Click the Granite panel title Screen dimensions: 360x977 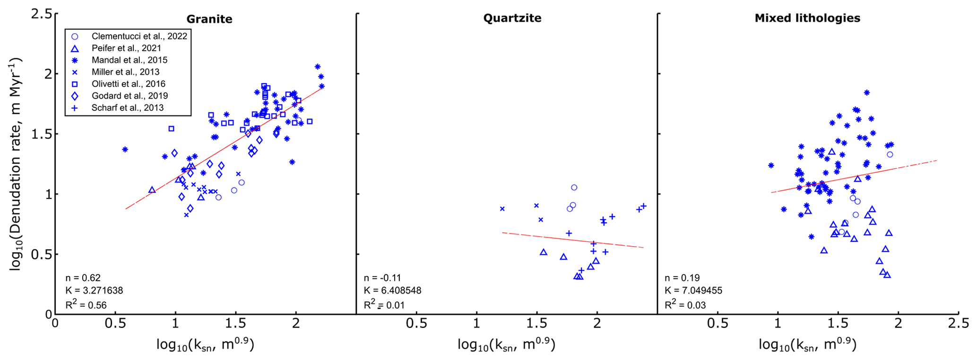pos(209,19)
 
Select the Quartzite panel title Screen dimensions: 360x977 pos(512,18)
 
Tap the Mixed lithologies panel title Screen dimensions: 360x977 pos(807,18)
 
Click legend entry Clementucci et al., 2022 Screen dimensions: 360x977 pos(139,36)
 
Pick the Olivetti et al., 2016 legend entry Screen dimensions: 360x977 pos(128,84)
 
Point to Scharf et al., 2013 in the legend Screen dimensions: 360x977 pos(127,108)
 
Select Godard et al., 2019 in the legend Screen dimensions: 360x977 pos(129,96)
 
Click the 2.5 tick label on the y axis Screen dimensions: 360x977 pos(41,14)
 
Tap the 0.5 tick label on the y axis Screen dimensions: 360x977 pos(41,254)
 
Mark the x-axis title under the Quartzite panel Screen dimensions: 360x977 pos(506,344)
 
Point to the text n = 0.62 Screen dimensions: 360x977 pos(83,278)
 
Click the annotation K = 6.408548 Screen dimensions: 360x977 pos(392,291)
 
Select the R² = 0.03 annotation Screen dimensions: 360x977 pos(685,305)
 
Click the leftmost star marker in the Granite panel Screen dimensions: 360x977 pos(125,149)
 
